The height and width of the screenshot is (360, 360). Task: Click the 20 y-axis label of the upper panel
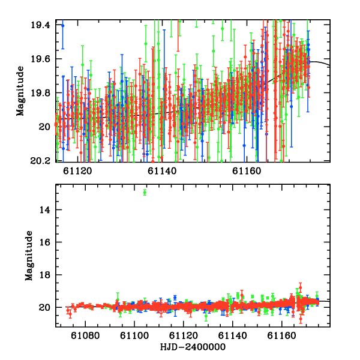44,127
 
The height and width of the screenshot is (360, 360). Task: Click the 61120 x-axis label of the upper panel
77,171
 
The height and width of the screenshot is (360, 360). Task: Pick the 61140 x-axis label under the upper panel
162,171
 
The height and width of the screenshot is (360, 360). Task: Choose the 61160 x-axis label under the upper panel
247,171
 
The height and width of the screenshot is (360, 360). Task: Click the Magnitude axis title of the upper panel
20,91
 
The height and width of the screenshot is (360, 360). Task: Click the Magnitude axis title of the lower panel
29,256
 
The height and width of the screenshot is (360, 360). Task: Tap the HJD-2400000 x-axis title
193,347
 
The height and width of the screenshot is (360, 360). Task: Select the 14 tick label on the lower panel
45,210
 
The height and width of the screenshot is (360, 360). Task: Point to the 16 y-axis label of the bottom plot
45,242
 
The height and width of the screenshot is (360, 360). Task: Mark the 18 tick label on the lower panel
45,275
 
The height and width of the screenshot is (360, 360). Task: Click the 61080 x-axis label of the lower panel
85,335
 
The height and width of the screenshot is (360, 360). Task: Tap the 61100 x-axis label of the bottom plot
134,335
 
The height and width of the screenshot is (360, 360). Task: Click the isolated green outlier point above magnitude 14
145,192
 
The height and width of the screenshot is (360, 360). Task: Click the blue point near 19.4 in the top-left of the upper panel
62,26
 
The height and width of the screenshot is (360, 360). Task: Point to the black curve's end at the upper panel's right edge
330,65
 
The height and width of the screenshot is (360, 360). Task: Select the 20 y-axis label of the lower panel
44,307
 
